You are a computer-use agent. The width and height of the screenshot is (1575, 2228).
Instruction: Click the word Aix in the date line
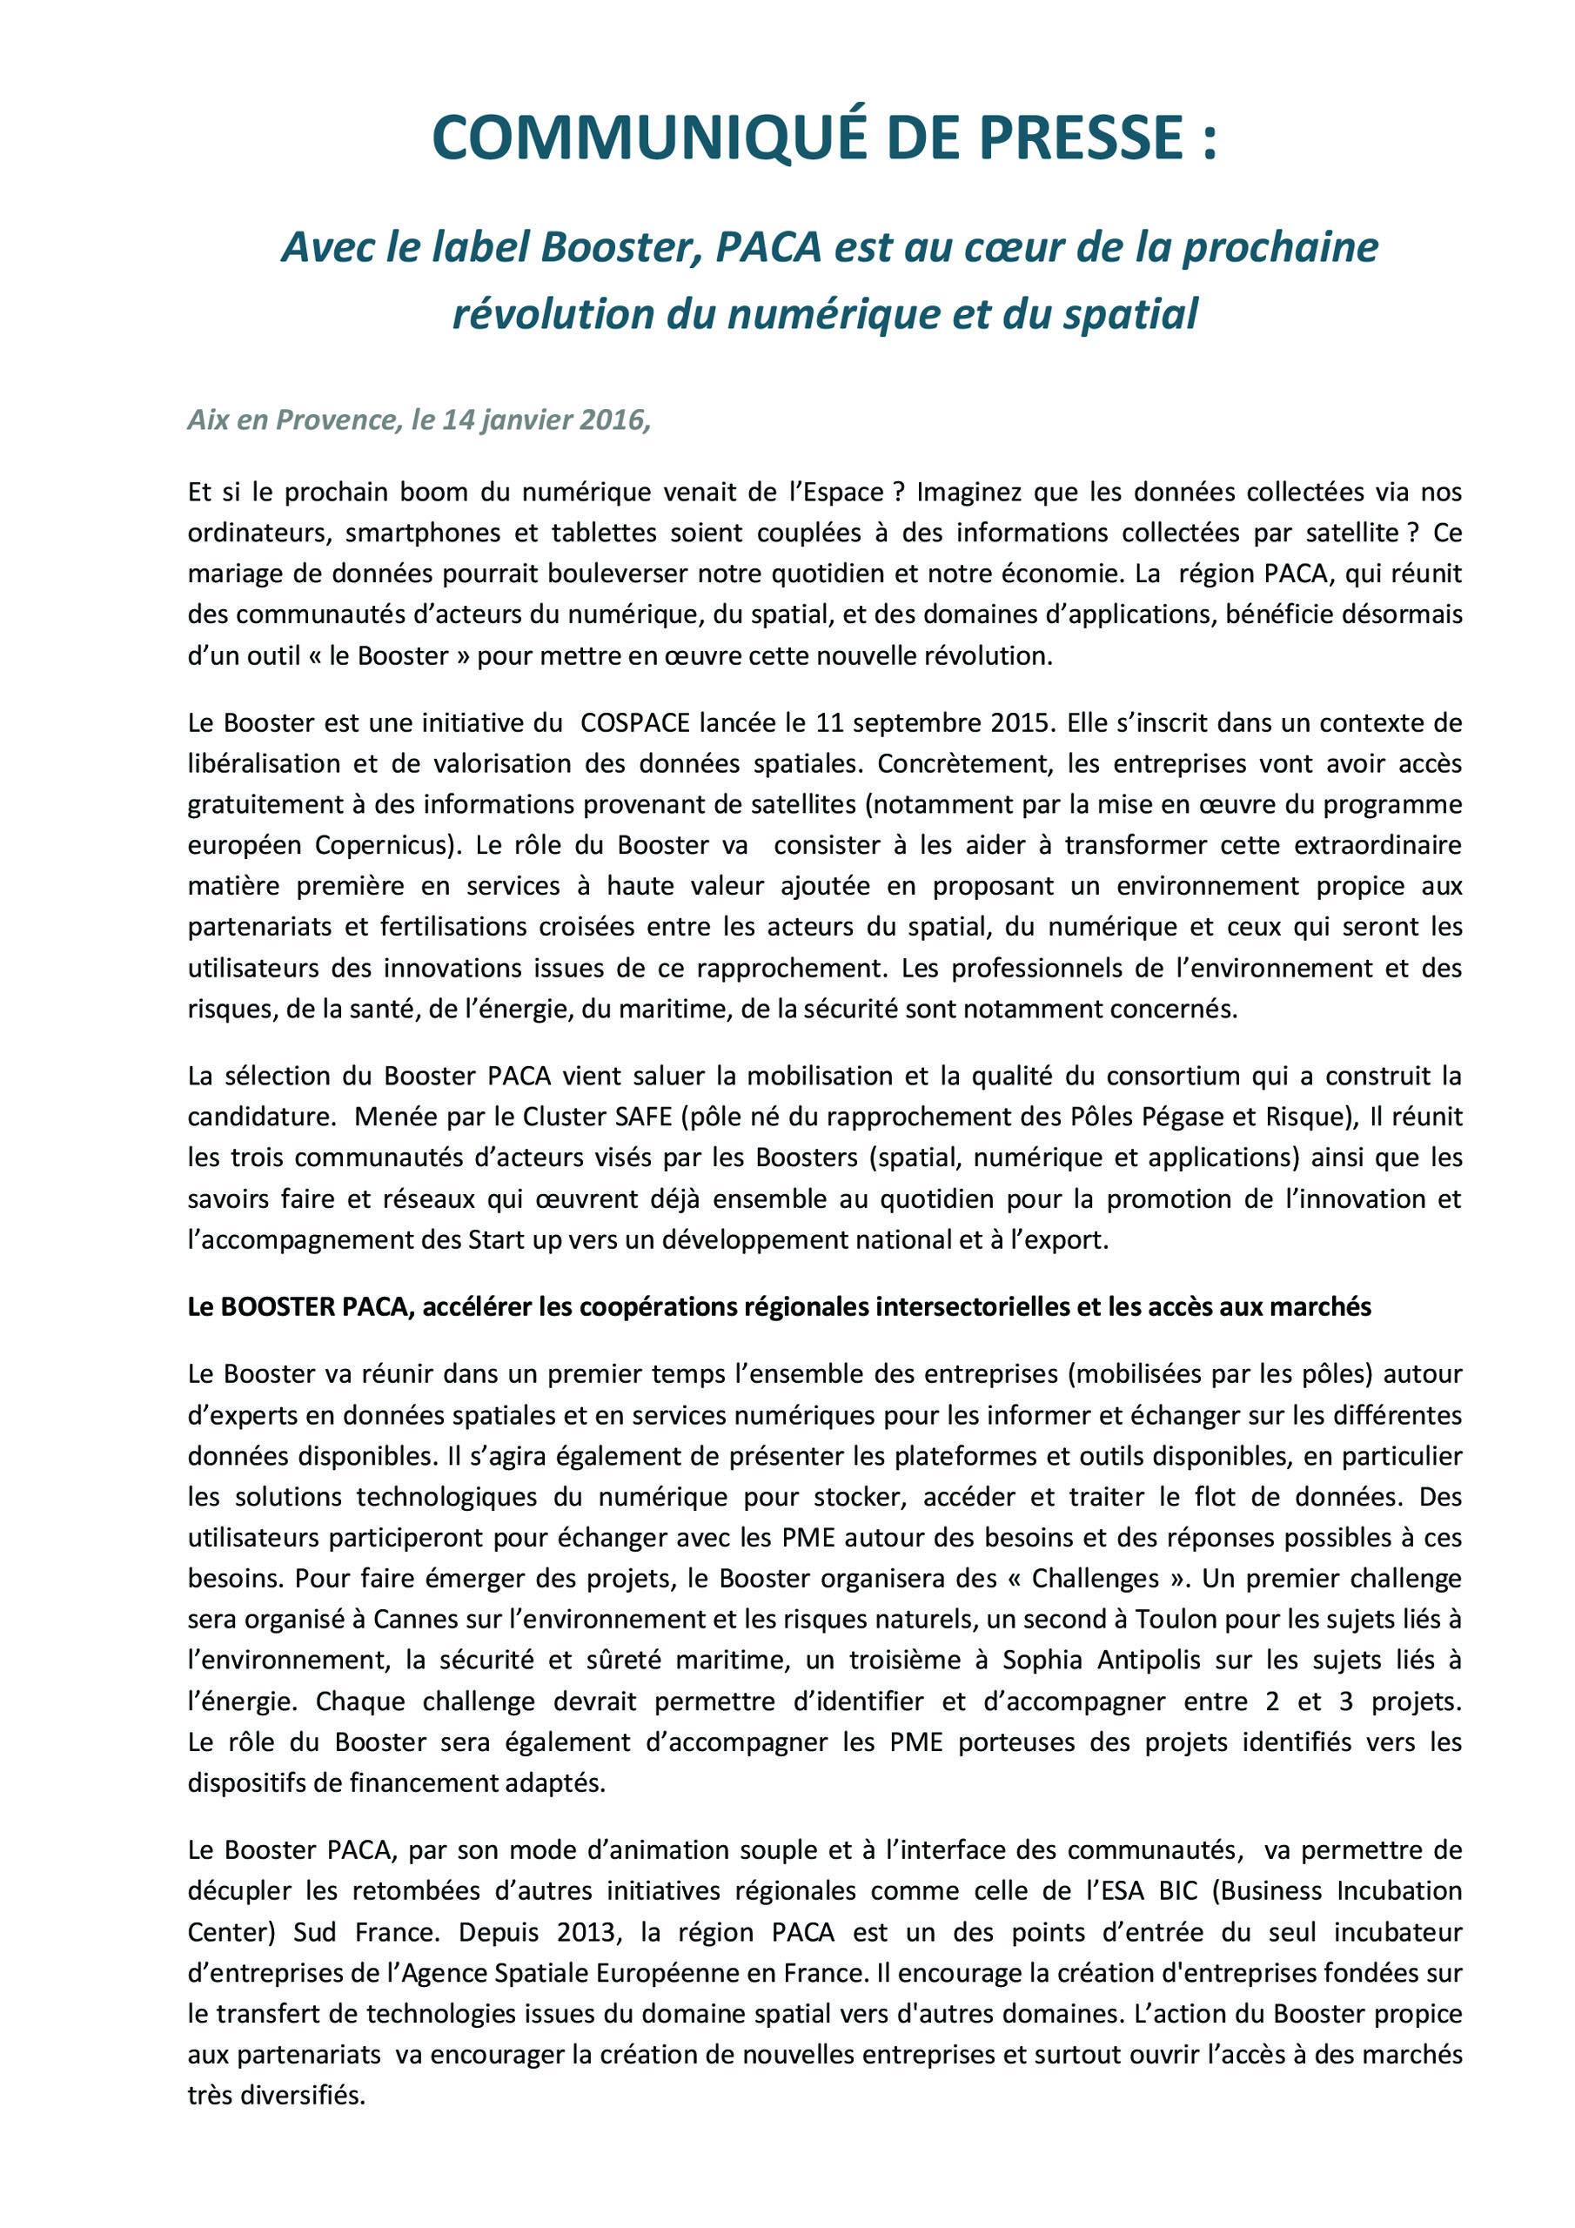[x=207, y=419]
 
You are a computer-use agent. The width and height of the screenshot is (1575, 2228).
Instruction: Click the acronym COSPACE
[x=634, y=723]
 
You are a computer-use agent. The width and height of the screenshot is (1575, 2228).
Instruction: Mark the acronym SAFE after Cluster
[x=643, y=1117]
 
